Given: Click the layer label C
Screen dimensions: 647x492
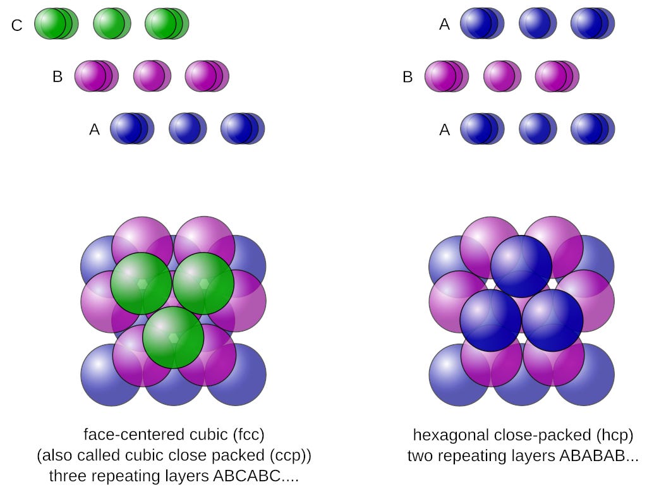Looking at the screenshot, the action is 17,25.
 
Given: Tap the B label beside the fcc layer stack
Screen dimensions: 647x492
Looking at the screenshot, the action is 57,77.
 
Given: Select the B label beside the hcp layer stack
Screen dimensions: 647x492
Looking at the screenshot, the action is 408,77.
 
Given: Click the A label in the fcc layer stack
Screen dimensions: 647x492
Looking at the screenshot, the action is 95,129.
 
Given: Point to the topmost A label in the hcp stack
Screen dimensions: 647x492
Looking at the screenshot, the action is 445,25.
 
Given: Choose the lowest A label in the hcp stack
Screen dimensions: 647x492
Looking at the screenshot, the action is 445,129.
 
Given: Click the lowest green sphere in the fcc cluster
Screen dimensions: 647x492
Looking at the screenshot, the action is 173,338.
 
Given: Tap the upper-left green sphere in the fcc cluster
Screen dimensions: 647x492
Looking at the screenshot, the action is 141,284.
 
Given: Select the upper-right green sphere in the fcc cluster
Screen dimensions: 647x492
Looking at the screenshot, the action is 203,284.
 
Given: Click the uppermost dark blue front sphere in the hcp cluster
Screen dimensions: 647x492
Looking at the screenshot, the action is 521,266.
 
